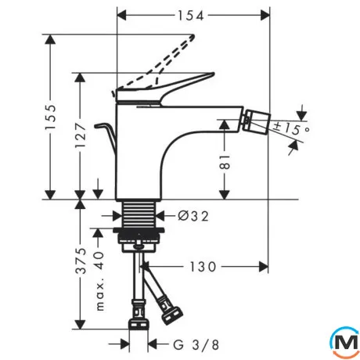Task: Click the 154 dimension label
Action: (x=190, y=16)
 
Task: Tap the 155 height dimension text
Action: (x=50, y=117)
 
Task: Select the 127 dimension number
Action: (x=80, y=135)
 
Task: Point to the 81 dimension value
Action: (x=225, y=162)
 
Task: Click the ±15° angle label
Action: (x=292, y=128)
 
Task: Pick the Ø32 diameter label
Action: (x=193, y=216)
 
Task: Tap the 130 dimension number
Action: (x=203, y=267)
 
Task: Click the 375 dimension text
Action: (x=81, y=261)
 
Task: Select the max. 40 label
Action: (x=99, y=281)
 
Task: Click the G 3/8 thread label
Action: (x=196, y=345)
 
